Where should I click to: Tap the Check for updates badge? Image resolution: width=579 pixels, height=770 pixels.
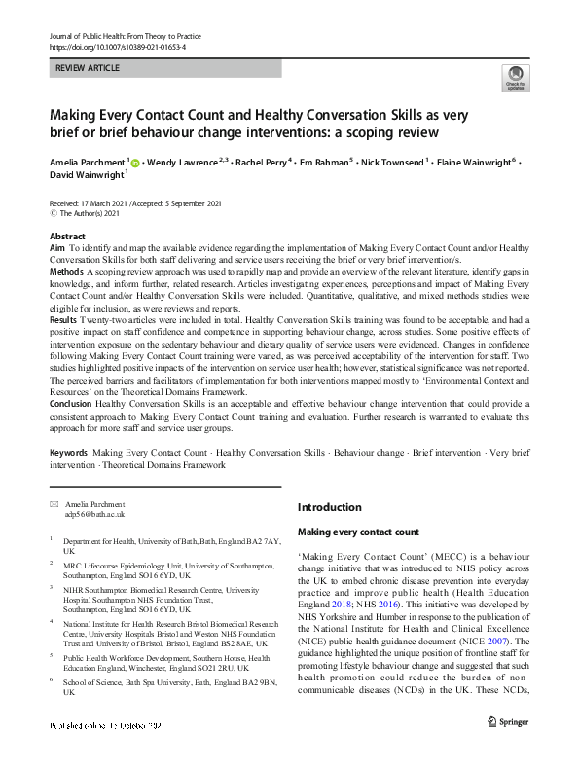click(x=515, y=78)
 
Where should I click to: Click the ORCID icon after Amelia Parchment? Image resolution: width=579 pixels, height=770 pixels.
click(x=135, y=163)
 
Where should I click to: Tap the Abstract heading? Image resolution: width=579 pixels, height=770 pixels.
click(x=68, y=237)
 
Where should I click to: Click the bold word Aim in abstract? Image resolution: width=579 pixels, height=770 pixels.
click(x=57, y=250)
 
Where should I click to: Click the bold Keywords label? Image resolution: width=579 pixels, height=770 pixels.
click(x=70, y=454)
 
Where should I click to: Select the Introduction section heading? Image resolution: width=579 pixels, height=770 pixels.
click(x=329, y=507)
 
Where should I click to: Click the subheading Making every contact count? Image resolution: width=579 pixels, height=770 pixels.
click(x=358, y=532)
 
